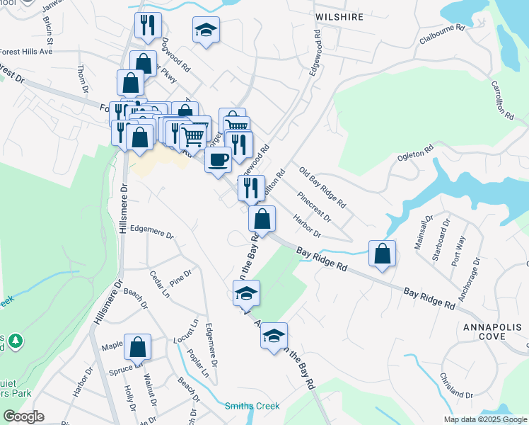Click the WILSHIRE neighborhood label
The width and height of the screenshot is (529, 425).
coord(339,16)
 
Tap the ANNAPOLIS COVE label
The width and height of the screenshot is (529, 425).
coord(493,332)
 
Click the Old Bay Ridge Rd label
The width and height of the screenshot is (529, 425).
coord(322,188)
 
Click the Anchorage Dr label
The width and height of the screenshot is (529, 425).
coord(470,279)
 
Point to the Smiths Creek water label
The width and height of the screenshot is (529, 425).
coord(252,406)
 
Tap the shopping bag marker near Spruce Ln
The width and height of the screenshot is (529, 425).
coord(138,346)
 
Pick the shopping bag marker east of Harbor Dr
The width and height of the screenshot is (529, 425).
coord(382,254)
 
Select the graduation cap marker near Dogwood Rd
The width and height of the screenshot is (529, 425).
coord(206,30)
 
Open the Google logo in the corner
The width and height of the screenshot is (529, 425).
coord(23,416)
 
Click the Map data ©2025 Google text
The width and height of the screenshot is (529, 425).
coord(485,419)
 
